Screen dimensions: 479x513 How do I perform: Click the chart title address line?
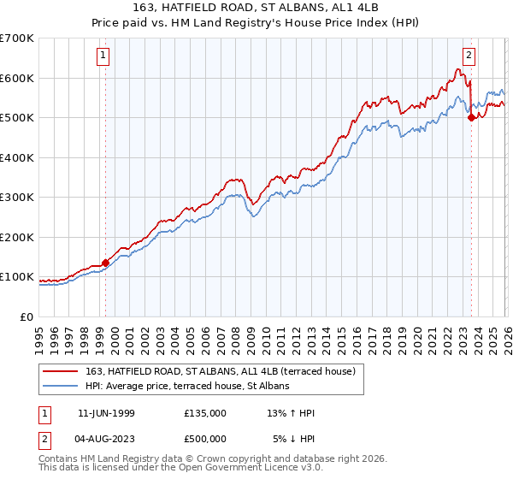(256, 9)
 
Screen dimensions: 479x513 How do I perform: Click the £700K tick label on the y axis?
(17, 38)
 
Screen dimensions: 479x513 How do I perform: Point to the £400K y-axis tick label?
(17, 157)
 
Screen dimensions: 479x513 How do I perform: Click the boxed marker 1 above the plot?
(103, 56)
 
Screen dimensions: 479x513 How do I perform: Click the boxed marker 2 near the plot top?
(469, 56)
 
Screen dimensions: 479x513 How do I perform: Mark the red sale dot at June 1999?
(106, 263)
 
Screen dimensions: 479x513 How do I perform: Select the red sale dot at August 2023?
(471, 119)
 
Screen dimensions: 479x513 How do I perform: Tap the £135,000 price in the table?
(205, 413)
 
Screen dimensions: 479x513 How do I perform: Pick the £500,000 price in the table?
(205, 439)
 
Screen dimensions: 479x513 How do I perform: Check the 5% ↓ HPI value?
(294, 439)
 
